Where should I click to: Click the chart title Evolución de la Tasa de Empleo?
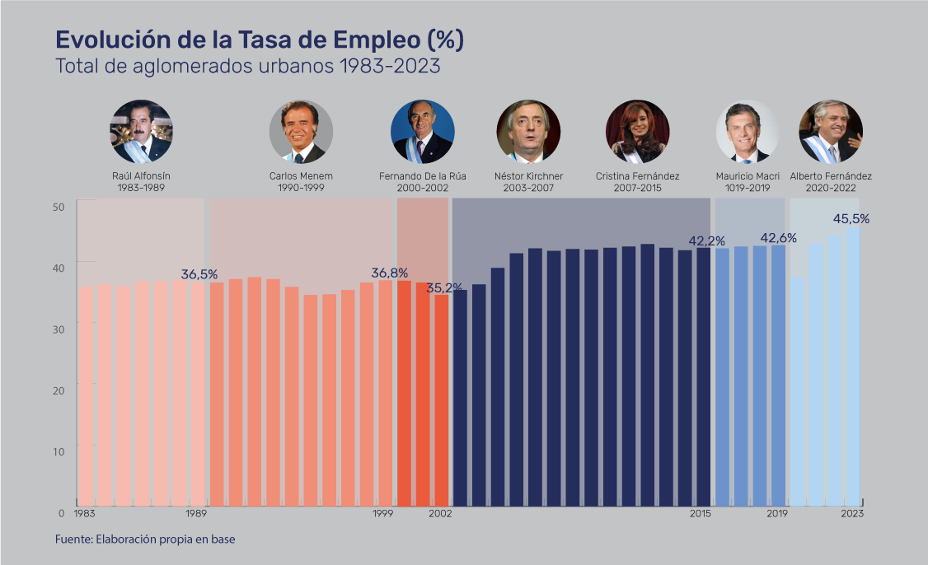coord(259,40)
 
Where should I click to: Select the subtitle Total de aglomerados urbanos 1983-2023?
coord(247,67)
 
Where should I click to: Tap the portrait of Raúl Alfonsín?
coord(141,132)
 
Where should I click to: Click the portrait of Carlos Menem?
coord(301,132)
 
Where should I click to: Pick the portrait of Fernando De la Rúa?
coord(422,132)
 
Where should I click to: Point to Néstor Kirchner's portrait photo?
coord(528,132)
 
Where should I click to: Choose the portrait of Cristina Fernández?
coord(637,132)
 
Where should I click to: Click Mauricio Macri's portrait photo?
coord(748,132)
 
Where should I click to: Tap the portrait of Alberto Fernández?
coord(831,132)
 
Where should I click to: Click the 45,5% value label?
coord(851,219)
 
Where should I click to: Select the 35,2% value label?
coord(443,287)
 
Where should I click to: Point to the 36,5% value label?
coord(199,274)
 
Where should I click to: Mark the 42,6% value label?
coord(778,238)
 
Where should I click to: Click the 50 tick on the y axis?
coord(59,207)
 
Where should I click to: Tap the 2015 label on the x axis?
coord(701,514)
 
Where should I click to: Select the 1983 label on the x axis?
coord(84,514)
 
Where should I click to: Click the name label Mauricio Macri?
coord(748,176)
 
